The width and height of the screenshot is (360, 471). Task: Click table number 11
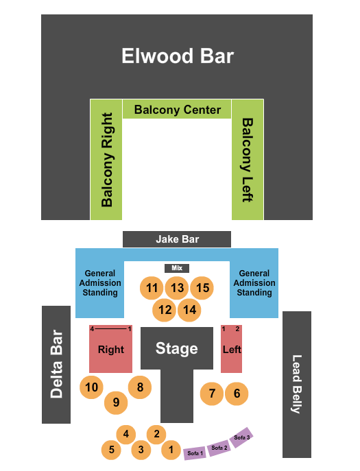click(152, 288)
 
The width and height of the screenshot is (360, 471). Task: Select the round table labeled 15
click(202, 288)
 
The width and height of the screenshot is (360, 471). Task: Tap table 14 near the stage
click(190, 310)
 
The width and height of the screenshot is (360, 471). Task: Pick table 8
click(140, 387)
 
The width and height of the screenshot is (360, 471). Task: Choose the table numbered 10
click(91, 387)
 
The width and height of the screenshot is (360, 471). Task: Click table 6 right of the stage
click(237, 394)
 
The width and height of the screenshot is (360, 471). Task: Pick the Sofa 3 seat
click(241, 437)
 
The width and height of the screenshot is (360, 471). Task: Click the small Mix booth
click(177, 268)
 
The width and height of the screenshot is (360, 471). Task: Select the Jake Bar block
click(177, 239)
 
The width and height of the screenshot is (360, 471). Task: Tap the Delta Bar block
click(56, 364)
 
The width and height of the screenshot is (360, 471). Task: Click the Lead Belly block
click(296, 384)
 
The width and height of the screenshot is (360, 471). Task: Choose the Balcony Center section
click(177, 110)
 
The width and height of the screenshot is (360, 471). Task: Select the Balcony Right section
click(106, 159)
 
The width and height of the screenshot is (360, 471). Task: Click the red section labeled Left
click(232, 348)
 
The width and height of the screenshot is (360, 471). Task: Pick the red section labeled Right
click(110, 349)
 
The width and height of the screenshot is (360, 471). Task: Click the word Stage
click(176, 348)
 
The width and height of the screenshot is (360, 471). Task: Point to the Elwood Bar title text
click(178, 56)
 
